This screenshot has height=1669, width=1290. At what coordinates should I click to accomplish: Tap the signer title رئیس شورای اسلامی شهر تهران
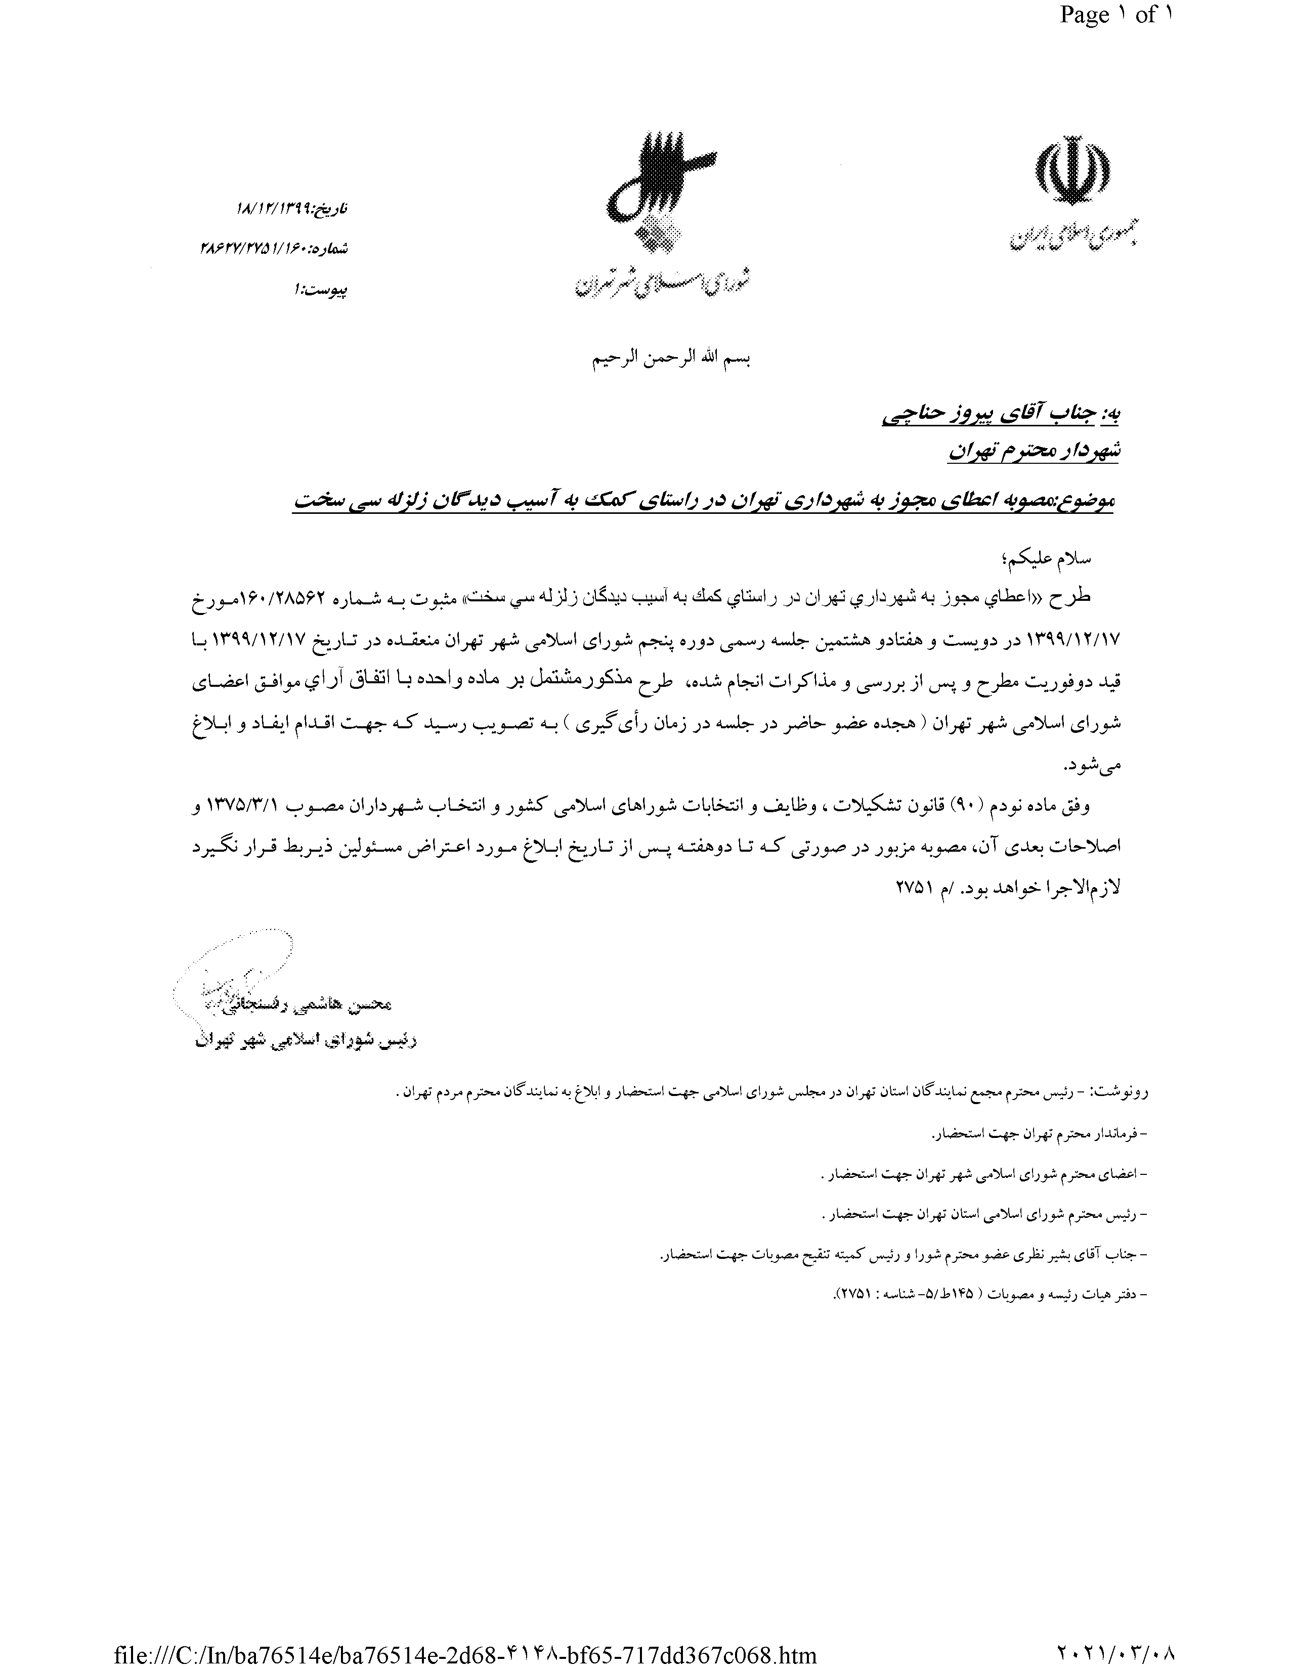click(306, 1041)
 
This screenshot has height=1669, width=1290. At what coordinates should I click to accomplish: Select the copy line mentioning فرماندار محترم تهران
click(1040, 1135)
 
